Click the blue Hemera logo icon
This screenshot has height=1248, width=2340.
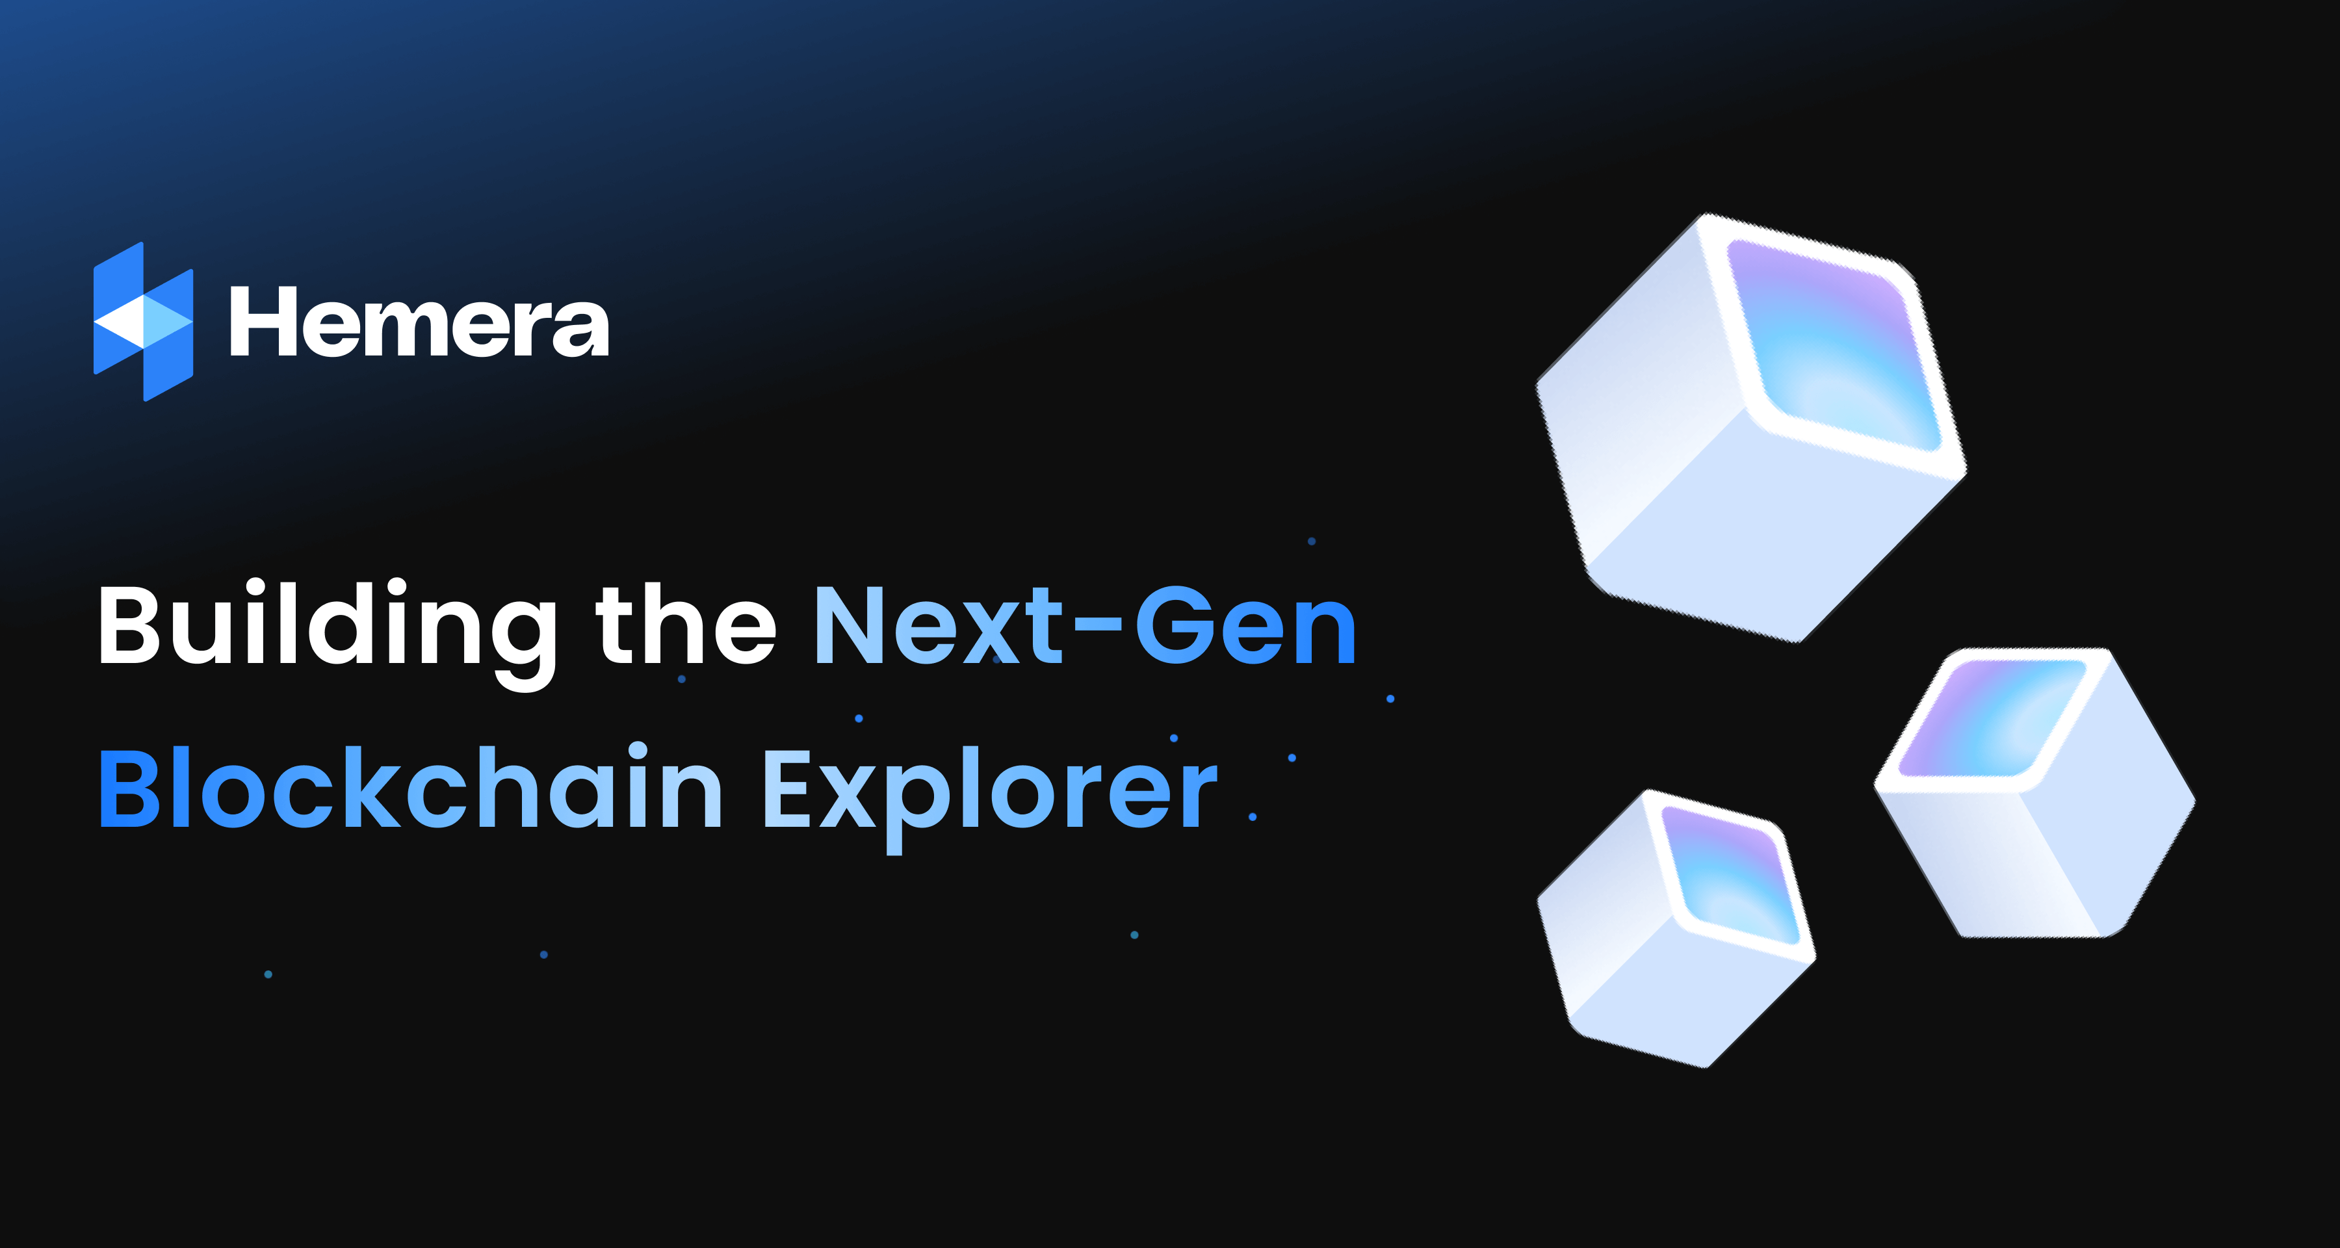[144, 322]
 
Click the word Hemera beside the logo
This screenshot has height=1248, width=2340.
[419, 322]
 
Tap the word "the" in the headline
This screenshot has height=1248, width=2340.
[686, 625]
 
